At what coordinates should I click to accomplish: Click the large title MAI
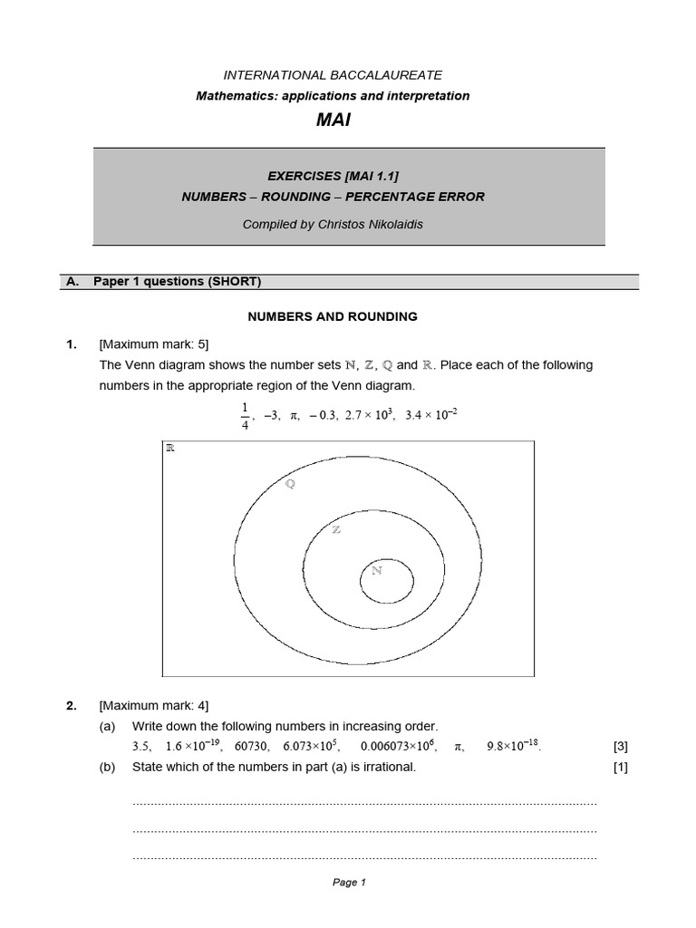click(333, 120)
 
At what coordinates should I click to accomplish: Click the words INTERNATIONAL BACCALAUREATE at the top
click(333, 75)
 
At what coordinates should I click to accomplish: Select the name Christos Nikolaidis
click(372, 225)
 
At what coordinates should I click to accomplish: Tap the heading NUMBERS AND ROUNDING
click(333, 316)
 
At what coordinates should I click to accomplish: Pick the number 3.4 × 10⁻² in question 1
click(431, 415)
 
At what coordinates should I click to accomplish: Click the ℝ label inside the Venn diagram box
click(169, 448)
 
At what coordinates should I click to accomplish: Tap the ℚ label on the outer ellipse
click(290, 484)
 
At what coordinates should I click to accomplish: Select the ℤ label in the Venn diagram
click(337, 529)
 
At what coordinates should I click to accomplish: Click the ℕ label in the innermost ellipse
click(377, 571)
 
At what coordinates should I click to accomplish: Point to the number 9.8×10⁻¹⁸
click(513, 747)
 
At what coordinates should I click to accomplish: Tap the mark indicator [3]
click(620, 747)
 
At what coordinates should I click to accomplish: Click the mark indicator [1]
click(620, 768)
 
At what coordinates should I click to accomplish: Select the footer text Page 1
click(349, 883)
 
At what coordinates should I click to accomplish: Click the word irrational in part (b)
click(389, 768)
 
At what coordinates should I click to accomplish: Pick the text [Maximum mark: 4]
click(154, 705)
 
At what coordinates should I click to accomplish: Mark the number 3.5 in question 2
click(141, 747)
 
